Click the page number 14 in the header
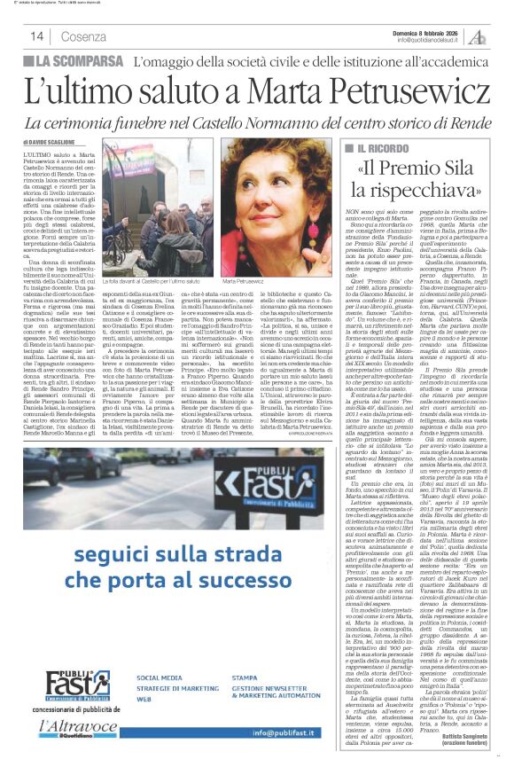(37, 35)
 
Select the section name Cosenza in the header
(83, 36)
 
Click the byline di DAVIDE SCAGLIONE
(55, 142)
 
